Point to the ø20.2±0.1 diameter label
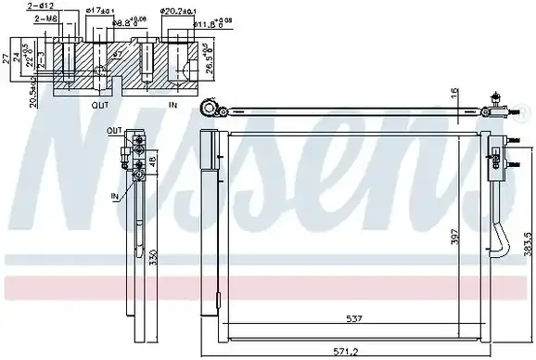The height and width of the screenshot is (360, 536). [178, 12]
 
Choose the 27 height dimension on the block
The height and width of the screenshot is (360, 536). [7, 58]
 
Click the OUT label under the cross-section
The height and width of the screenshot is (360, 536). [100, 106]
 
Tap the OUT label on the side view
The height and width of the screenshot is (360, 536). [114, 131]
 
